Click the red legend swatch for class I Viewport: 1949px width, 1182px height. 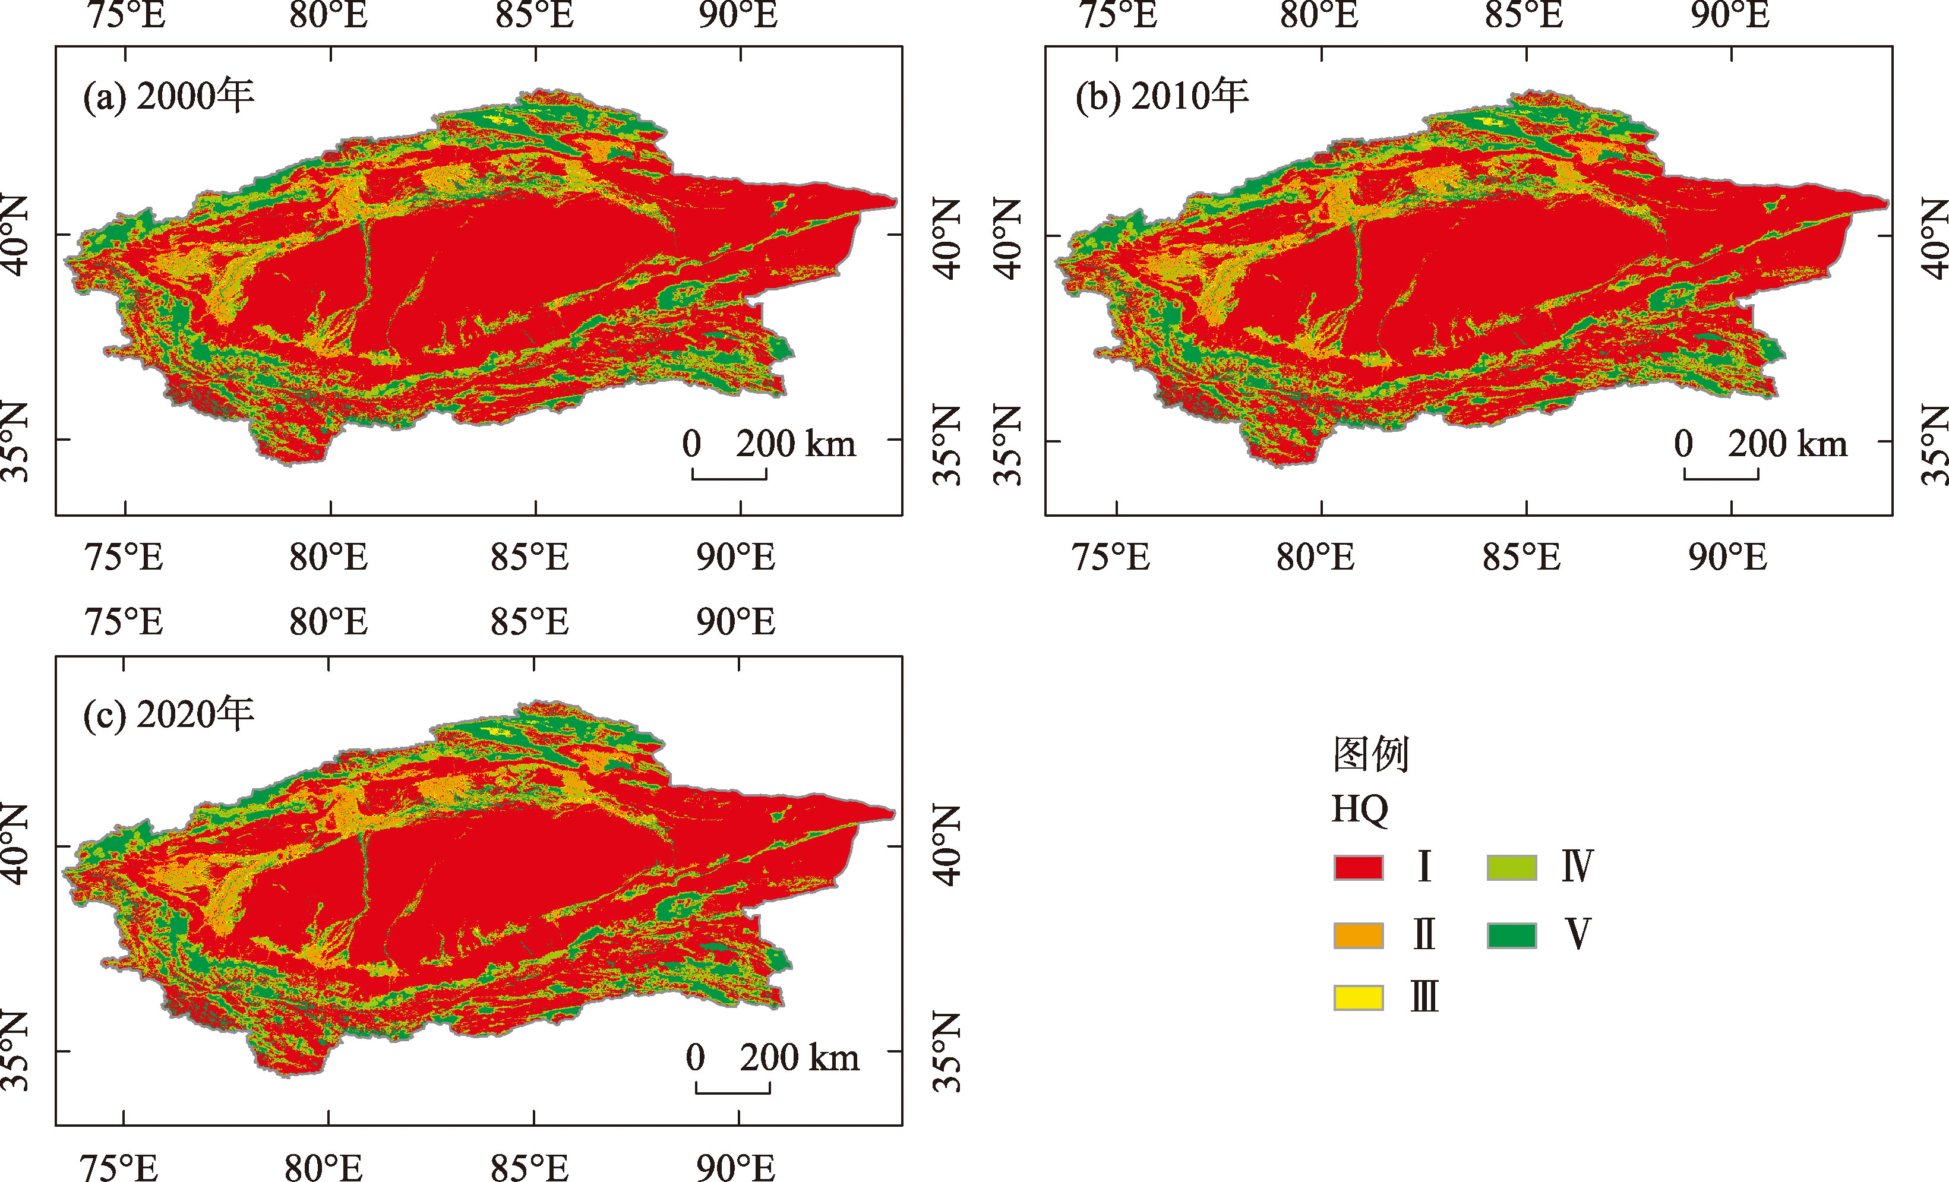tap(1358, 867)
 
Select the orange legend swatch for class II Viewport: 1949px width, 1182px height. tap(1358, 935)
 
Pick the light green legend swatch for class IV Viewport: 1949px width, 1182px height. tap(1512, 867)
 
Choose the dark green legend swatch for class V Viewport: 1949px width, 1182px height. tap(1512, 935)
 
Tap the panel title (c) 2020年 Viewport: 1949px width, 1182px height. tap(168, 715)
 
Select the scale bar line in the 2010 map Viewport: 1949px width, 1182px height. tap(1721, 478)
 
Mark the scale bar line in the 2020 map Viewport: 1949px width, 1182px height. tap(733, 1092)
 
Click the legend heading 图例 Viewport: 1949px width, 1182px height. tap(1371, 754)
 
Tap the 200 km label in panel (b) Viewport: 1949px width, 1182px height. tap(1787, 444)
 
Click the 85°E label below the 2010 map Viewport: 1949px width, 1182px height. tap(1522, 558)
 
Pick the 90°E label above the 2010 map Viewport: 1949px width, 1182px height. tap(1730, 14)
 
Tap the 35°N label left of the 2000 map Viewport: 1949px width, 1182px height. tap(16, 441)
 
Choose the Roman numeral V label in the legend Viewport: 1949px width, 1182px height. tap(1577, 934)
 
